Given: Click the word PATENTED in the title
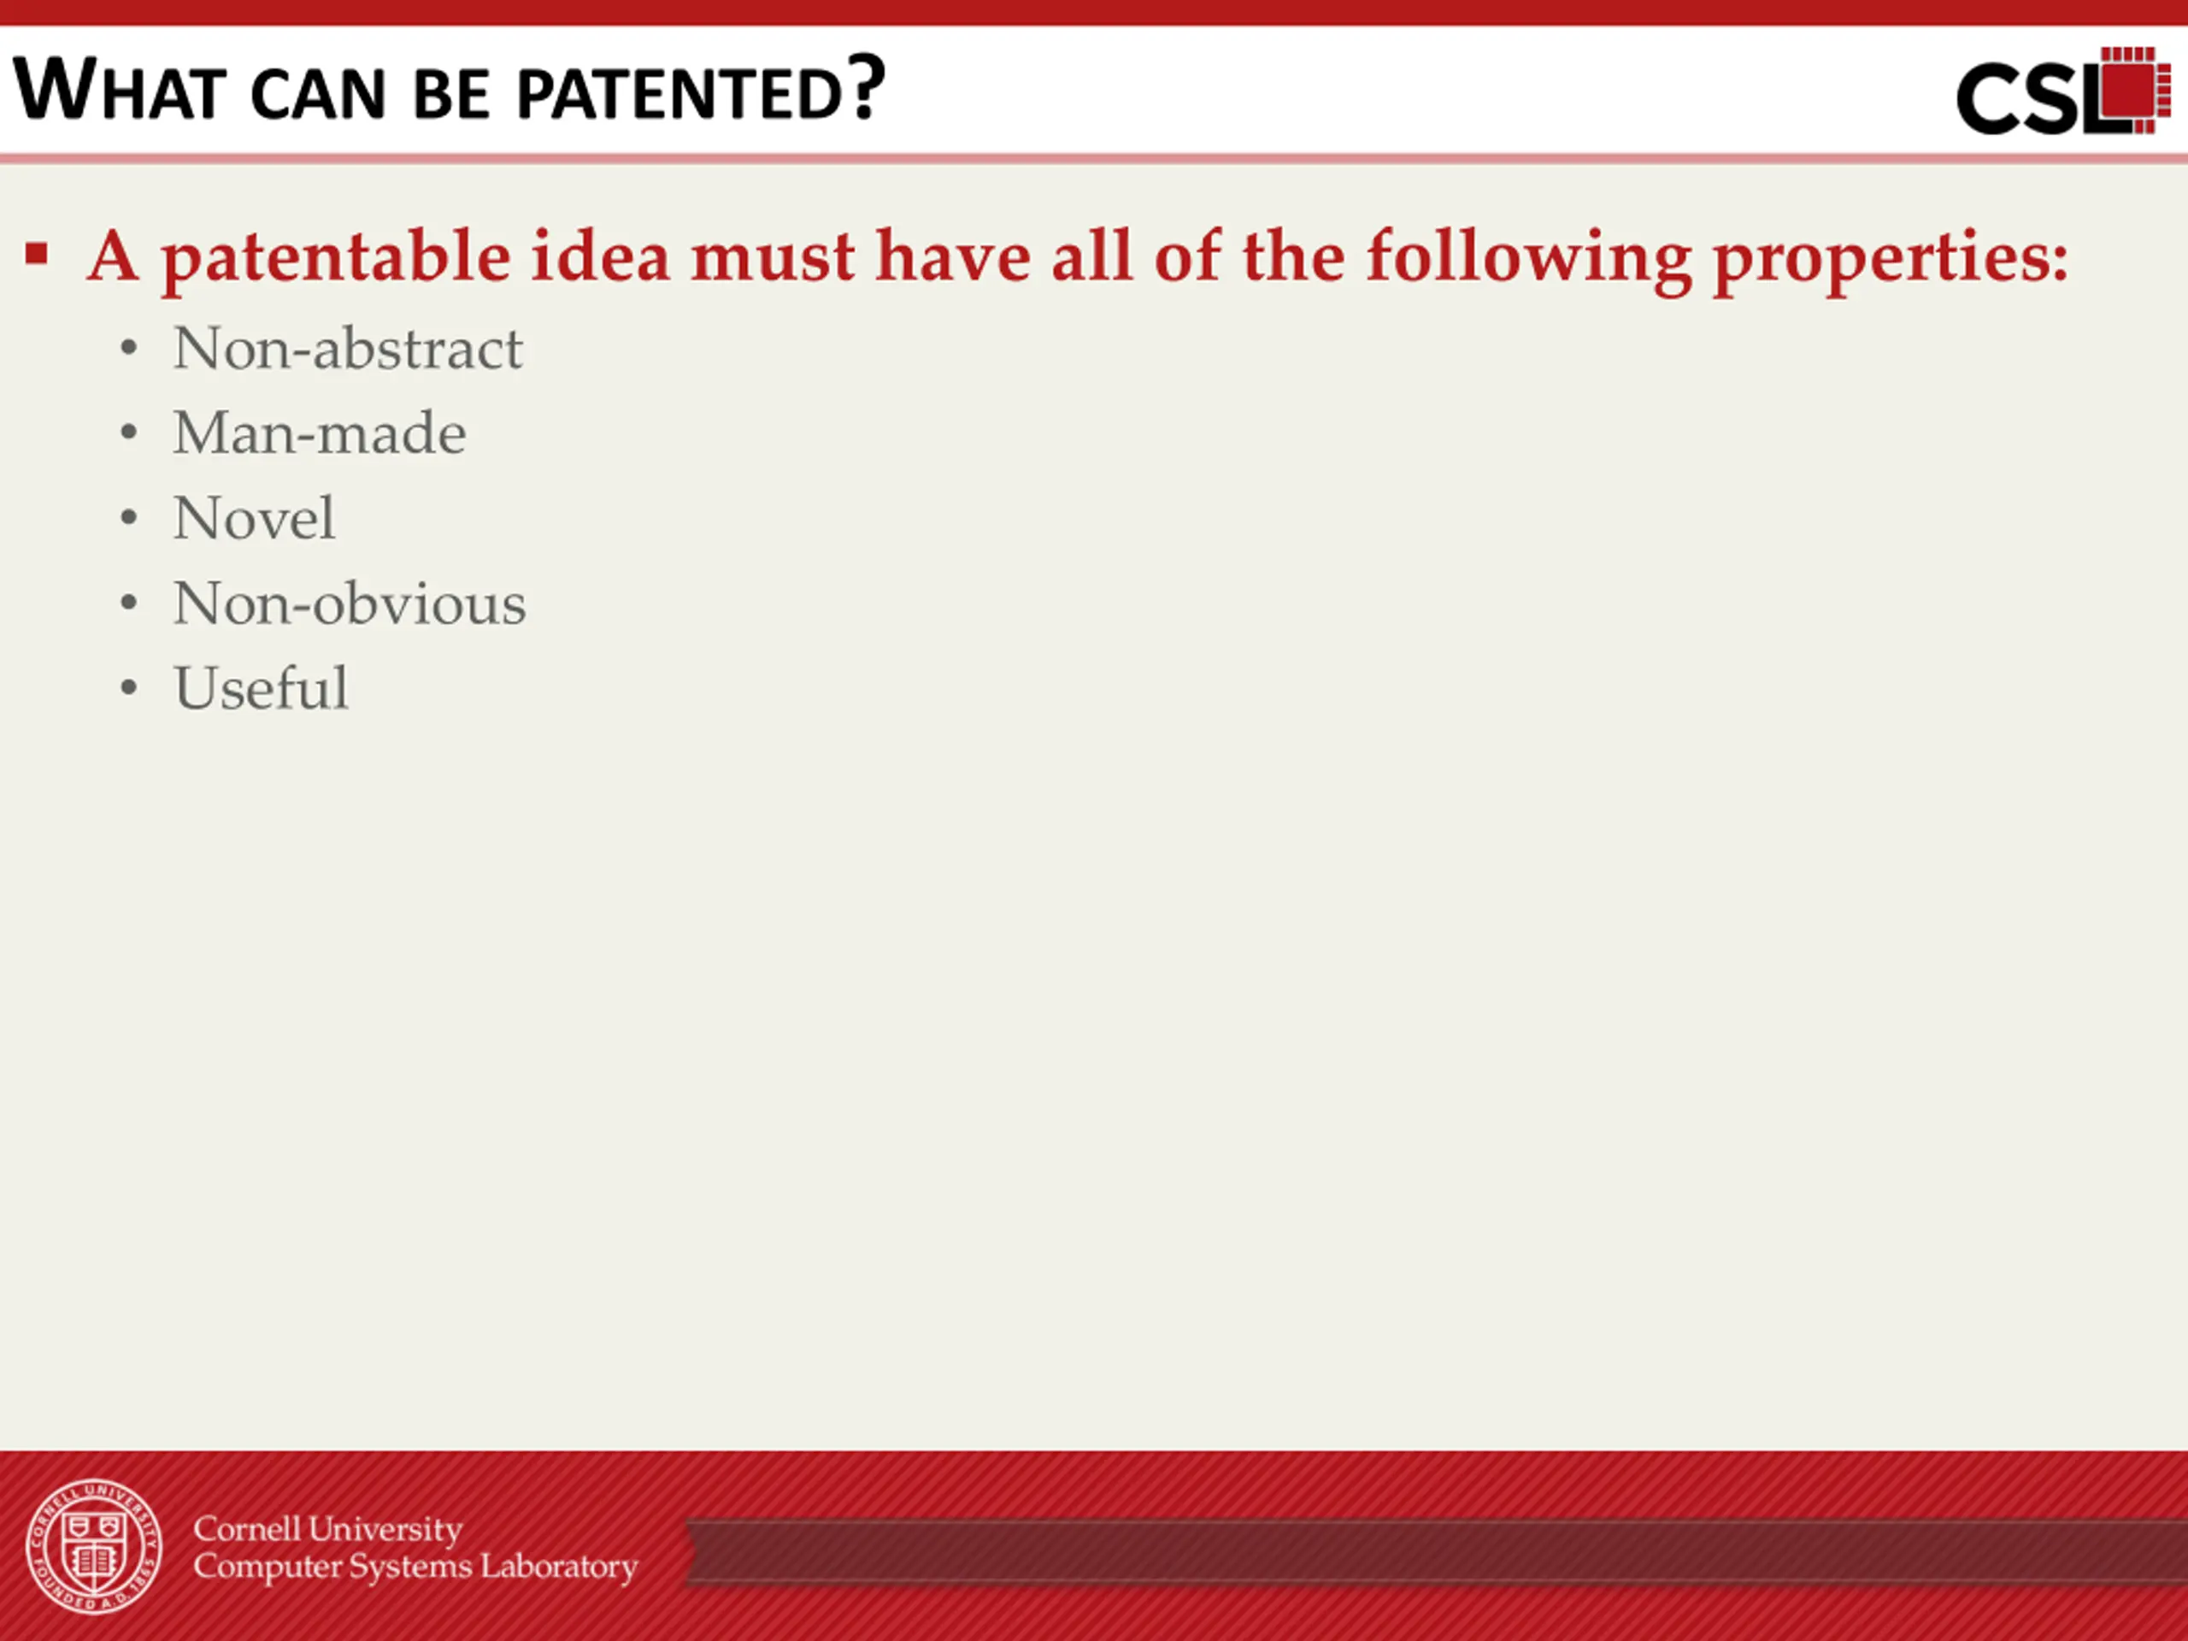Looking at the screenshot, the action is [x=679, y=94].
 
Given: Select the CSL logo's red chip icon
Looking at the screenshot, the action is [x=2135, y=89].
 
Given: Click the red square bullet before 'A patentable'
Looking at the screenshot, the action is [x=38, y=254].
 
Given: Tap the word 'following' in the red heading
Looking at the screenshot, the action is [x=1529, y=259].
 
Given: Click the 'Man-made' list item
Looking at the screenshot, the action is [x=320, y=433].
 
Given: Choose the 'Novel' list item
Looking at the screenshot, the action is [x=254, y=517].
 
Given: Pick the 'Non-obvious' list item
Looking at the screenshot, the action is [x=350, y=603].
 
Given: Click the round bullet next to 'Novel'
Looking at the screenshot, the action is [x=128, y=518].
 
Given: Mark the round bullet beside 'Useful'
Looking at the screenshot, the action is [x=128, y=687].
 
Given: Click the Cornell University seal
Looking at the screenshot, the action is [x=94, y=1546].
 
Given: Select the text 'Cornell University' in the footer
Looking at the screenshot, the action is [x=327, y=1529].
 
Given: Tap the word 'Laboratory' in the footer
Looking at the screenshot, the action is [x=559, y=1567].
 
